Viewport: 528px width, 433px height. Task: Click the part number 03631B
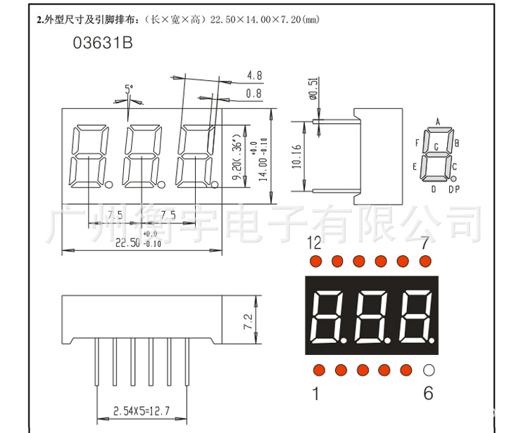(103, 44)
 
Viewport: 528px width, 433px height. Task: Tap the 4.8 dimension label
(254, 75)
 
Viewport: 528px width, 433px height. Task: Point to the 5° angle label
(128, 89)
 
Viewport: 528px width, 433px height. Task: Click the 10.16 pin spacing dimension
(297, 157)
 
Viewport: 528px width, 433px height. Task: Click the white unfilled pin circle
(428, 370)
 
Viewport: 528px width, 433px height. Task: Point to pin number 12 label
(314, 243)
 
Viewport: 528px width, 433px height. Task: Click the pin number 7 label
(425, 243)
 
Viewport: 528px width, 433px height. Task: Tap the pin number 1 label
(316, 394)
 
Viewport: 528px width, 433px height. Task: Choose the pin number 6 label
(428, 394)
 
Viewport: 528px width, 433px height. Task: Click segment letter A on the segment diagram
(438, 122)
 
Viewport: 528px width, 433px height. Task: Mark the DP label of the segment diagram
(454, 189)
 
